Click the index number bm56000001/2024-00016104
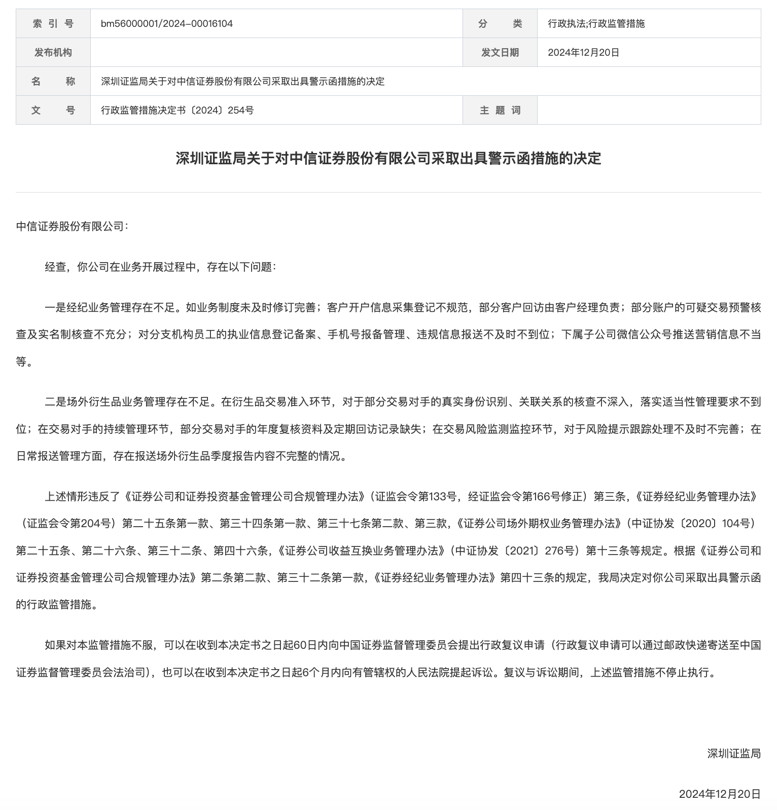[167, 23]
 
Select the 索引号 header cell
[53, 23]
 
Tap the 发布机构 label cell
[53, 52]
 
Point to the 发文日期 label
[500, 52]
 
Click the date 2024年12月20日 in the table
[583, 52]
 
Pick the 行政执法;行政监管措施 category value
[596, 23]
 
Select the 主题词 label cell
[500, 110]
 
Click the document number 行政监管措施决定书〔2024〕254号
[178, 110]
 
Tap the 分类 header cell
[500, 23]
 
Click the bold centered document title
[388, 159]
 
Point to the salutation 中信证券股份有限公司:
[73, 226]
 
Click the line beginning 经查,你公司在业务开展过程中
[160, 267]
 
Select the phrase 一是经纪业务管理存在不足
[112, 307]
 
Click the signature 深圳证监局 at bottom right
[734, 753]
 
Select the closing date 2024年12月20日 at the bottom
[720, 794]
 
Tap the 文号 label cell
[53, 110]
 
